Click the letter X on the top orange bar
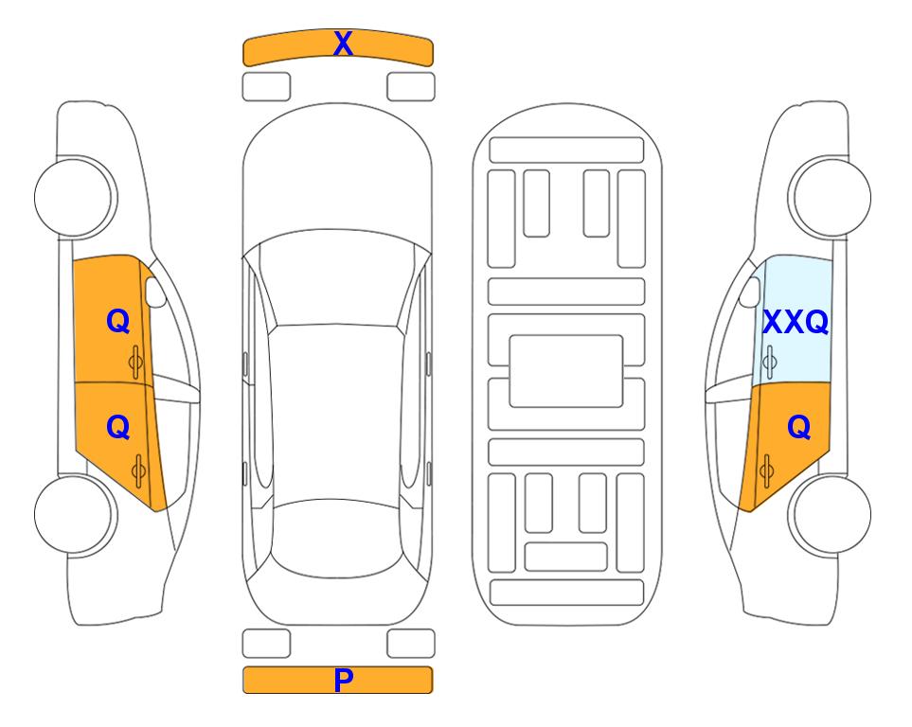coord(343,44)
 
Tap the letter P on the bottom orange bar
coord(343,680)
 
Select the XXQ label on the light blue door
coord(796,322)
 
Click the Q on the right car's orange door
coord(798,428)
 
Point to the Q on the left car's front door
coord(117,321)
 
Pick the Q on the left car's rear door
coord(117,428)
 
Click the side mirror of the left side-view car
coord(155,292)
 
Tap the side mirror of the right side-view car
coord(750,292)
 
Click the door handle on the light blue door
coord(769,363)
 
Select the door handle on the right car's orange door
coord(766,471)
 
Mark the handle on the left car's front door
coord(136,363)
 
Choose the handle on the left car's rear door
coord(138,471)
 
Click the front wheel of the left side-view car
coord(76,197)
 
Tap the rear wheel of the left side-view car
coord(76,514)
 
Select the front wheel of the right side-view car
coord(830,197)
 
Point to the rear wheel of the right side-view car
coord(830,514)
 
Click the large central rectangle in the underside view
coord(566,371)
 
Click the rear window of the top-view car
coord(337,538)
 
